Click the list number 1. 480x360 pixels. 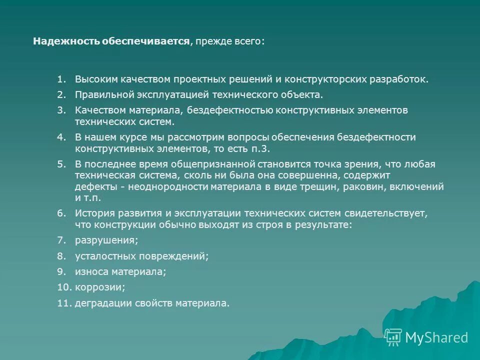[x=61, y=79]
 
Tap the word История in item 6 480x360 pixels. [x=93, y=213]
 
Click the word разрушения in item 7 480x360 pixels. [x=106, y=240]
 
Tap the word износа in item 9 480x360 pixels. [x=90, y=271]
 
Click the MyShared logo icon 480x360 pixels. [x=393, y=337]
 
